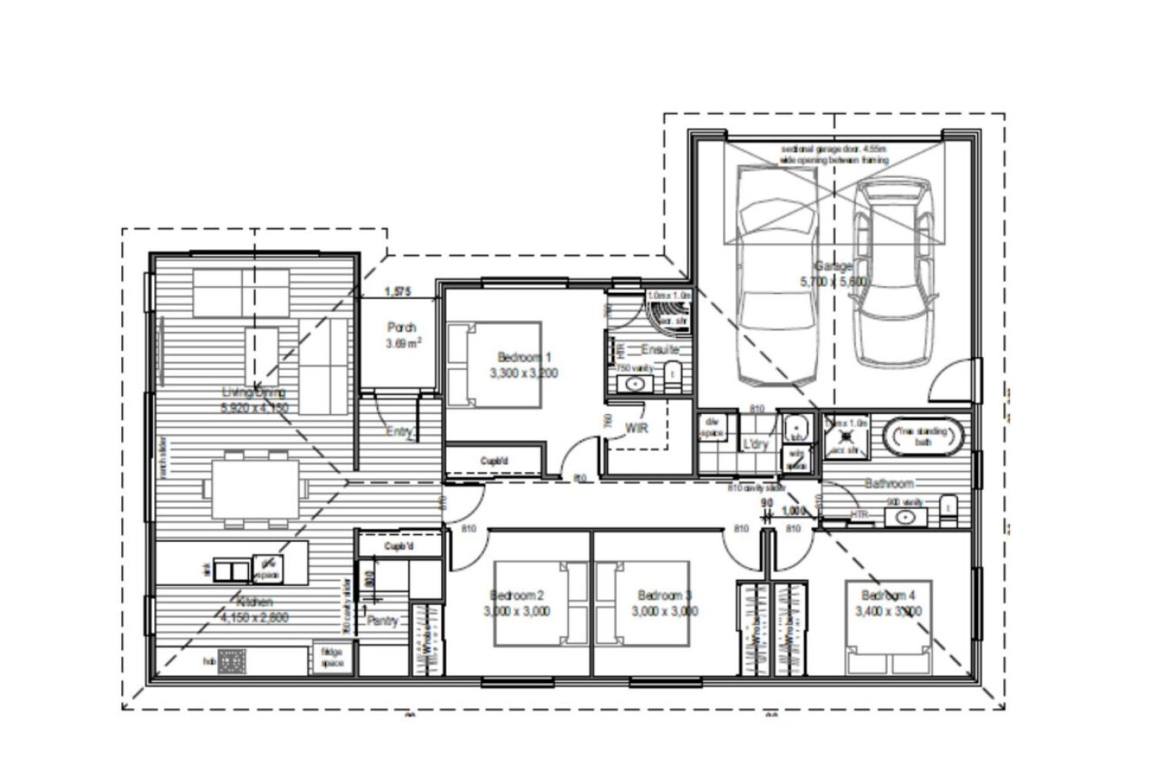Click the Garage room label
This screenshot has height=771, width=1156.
[834, 266]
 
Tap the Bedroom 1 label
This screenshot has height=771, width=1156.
[524, 357]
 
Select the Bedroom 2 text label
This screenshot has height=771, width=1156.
[517, 595]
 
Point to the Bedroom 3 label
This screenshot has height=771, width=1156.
[664, 595]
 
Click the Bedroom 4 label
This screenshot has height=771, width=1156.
[889, 595]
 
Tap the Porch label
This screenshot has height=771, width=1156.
[402, 327]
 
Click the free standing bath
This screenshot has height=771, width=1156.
[922, 436]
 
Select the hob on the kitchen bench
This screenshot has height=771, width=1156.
[232, 661]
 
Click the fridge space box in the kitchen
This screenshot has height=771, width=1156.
[331, 658]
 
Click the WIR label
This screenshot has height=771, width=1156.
[636, 428]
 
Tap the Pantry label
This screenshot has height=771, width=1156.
[382, 621]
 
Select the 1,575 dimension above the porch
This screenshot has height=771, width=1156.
[398, 291]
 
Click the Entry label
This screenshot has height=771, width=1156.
[399, 432]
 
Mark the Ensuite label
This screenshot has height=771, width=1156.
[660, 349]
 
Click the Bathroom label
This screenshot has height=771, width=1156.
[889, 483]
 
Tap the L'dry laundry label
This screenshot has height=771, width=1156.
[756, 445]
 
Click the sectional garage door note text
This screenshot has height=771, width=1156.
[834, 153]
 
